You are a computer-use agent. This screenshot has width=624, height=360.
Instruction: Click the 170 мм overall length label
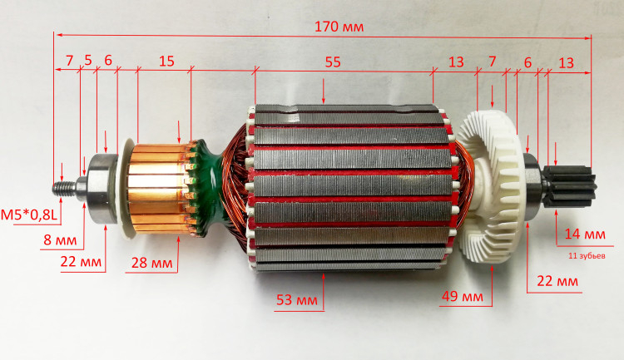[339, 27]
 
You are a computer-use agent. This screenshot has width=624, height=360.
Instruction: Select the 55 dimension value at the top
[333, 62]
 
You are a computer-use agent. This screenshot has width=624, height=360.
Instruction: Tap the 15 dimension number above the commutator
[166, 62]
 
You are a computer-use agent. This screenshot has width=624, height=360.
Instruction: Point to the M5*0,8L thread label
[29, 215]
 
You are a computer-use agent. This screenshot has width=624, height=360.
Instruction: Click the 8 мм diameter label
[60, 240]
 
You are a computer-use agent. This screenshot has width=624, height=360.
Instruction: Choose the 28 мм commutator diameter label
[152, 263]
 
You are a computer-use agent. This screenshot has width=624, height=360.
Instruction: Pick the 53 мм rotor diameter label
[297, 300]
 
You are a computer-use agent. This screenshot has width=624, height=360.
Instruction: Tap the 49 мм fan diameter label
[463, 296]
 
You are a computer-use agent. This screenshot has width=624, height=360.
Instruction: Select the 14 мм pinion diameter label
[585, 234]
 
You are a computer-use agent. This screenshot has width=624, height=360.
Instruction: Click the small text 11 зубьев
[587, 256]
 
